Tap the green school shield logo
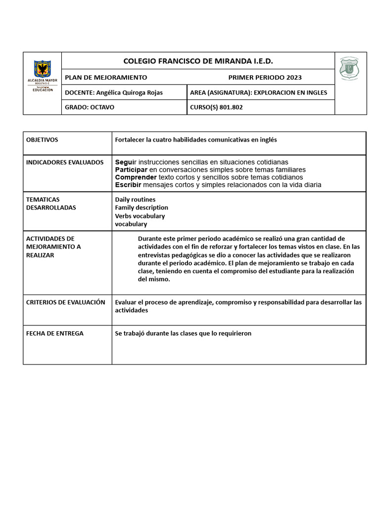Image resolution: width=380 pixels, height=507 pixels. (x=349, y=68)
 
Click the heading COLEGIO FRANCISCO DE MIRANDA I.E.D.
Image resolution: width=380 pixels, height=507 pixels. (x=198, y=61)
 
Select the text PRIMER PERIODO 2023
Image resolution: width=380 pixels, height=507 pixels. (x=265, y=77)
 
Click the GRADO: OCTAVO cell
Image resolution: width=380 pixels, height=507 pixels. (x=90, y=107)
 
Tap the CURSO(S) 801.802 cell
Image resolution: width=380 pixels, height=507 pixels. (x=216, y=107)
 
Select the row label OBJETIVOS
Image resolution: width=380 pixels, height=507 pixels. (x=42, y=140)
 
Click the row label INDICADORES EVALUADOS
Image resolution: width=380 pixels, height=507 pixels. (x=65, y=162)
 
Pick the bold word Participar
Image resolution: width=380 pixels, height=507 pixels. (x=131, y=170)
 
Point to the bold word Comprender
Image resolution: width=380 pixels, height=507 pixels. (x=136, y=177)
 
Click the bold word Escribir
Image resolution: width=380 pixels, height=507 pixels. (x=128, y=185)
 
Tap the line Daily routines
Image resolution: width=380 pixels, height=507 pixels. (x=135, y=200)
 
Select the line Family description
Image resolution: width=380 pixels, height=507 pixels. (x=142, y=207)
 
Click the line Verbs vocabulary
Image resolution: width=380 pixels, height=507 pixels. (x=140, y=216)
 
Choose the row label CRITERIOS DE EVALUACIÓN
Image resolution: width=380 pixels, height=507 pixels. (x=65, y=302)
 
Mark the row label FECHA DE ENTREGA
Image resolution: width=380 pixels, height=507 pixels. (x=54, y=333)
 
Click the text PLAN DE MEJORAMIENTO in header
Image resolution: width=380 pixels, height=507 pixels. (x=106, y=77)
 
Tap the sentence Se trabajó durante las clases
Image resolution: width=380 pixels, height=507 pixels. (x=183, y=333)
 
